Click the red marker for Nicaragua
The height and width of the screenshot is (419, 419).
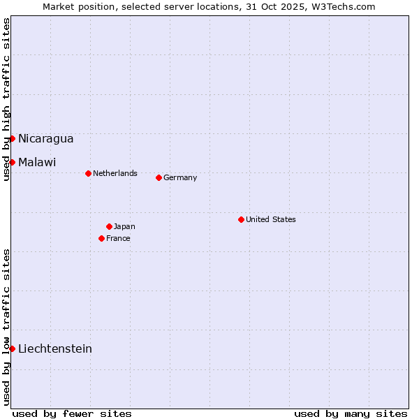tap(12, 138)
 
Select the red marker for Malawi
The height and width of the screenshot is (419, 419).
tap(12, 162)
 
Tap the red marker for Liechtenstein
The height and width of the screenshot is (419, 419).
tap(12, 348)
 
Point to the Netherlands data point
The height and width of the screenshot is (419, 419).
tap(88, 173)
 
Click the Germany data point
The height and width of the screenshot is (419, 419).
tap(159, 177)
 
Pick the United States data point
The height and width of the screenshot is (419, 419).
tap(241, 219)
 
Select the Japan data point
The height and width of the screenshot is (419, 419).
tap(109, 226)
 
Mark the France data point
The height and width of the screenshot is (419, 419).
tap(101, 238)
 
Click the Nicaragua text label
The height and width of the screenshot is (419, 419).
tap(45, 138)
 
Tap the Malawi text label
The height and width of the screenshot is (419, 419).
tap(37, 162)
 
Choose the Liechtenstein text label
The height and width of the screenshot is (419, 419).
tap(55, 348)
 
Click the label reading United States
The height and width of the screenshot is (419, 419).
tap(271, 219)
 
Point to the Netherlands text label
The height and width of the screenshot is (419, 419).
tap(115, 173)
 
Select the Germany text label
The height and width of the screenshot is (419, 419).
tap(180, 177)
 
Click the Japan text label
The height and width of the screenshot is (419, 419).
tap(124, 226)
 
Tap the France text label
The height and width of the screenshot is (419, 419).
tap(118, 238)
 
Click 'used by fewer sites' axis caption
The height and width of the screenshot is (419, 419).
tap(72, 413)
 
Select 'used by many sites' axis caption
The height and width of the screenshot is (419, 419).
tap(351, 413)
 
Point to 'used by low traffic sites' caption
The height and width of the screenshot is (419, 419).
tap(7, 327)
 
